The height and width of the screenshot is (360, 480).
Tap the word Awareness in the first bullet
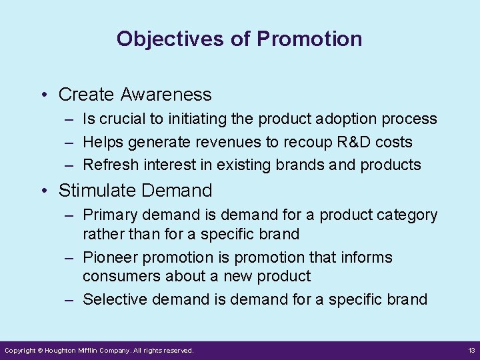click(166, 95)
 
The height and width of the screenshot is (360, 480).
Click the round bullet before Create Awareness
click(43, 95)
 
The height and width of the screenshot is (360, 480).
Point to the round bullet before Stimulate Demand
click(43, 191)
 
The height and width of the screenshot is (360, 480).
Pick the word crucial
click(119, 119)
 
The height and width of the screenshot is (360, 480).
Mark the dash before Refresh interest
click(69, 165)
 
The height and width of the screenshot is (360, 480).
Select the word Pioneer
click(109, 257)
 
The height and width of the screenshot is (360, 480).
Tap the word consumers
click(117, 276)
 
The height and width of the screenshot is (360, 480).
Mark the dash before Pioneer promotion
click(69, 257)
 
